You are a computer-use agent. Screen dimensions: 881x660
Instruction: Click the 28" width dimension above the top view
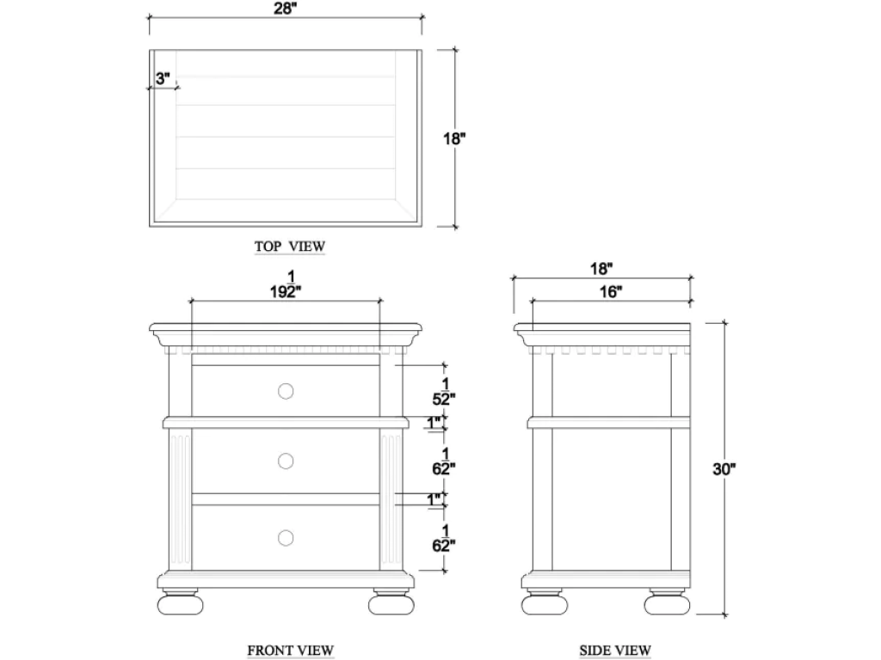[x=286, y=9]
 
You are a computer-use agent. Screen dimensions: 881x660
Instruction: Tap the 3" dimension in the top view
[x=163, y=78]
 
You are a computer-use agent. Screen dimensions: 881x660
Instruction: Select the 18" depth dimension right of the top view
[x=454, y=138]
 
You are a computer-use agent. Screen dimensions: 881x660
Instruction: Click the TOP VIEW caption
[x=290, y=247]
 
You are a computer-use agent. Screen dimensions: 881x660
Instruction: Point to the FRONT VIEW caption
[x=291, y=651]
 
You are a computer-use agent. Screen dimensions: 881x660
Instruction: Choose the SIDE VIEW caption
[x=615, y=651]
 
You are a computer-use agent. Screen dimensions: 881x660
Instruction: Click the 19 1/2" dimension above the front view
[x=286, y=284]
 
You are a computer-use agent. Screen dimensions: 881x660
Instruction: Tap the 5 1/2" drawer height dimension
[x=444, y=392]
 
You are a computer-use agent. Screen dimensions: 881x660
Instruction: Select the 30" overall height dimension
[x=724, y=469]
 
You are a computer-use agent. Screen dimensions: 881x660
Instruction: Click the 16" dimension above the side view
[x=611, y=292]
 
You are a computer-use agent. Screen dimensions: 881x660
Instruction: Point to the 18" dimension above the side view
[x=601, y=269]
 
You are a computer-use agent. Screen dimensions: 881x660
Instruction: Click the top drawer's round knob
[x=286, y=391]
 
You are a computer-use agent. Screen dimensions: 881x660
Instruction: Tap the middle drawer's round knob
[x=286, y=461]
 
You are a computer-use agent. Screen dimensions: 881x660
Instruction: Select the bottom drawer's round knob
[x=286, y=538]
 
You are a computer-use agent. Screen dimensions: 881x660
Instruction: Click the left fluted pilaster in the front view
[x=181, y=499]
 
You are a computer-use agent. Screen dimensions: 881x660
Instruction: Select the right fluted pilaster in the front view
[x=391, y=499]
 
